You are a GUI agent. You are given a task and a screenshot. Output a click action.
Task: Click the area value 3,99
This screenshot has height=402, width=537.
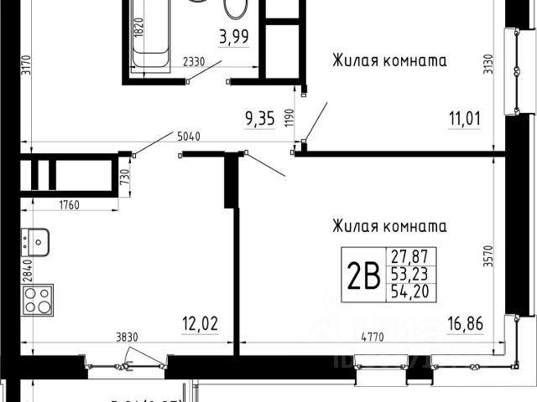click(x=233, y=37)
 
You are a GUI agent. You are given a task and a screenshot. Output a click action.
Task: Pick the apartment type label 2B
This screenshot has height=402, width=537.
click(x=362, y=273)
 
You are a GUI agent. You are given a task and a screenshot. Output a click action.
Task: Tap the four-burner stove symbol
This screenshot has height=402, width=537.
click(x=37, y=299)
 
